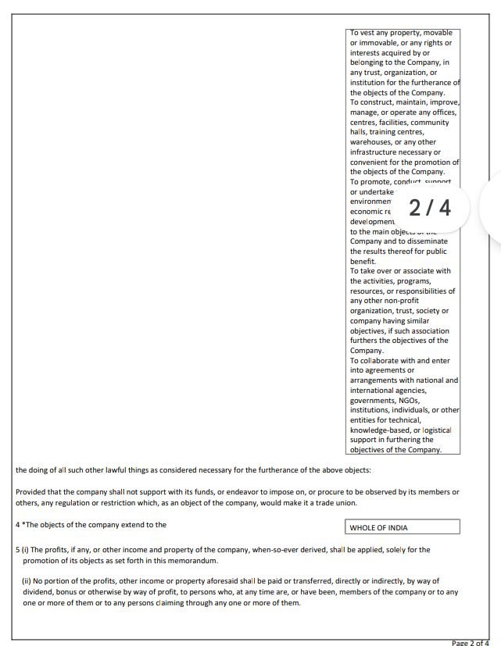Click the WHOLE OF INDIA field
pos(402,527)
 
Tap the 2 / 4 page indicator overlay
pos(430,208)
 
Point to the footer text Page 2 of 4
pos(471,642)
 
